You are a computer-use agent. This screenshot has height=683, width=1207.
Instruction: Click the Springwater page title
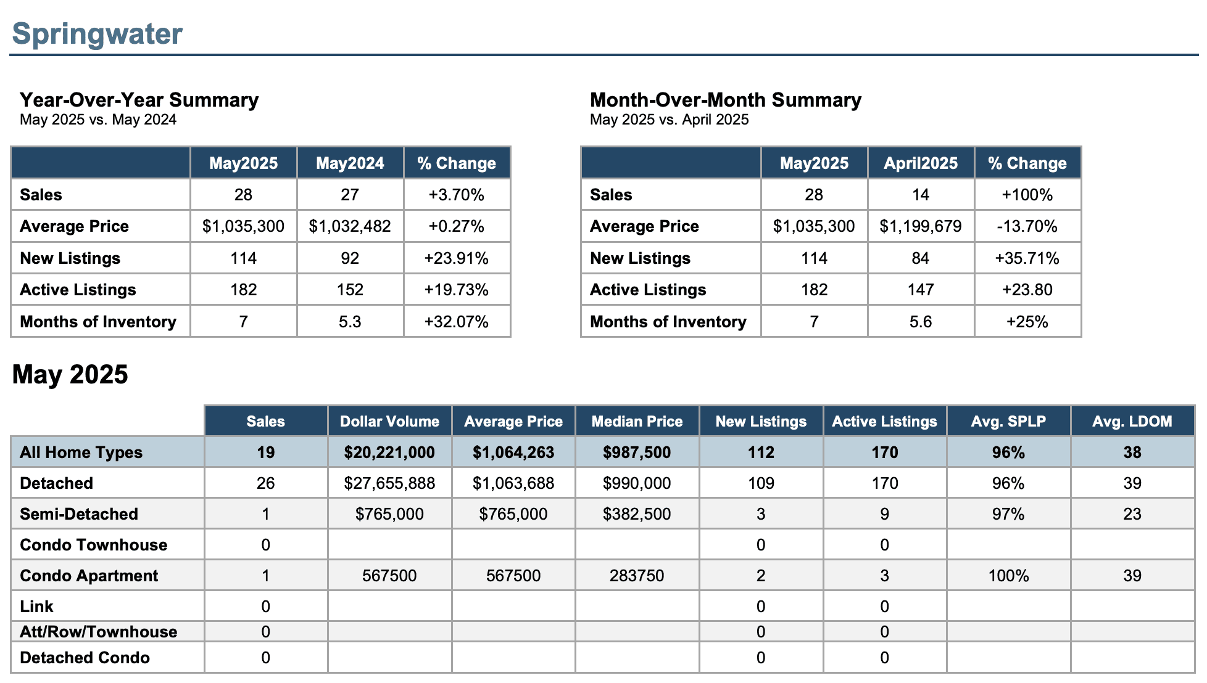(97, 34)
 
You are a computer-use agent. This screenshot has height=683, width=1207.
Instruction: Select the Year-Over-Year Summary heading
(139, 100)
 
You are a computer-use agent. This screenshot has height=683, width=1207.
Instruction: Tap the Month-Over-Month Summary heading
(726, 100)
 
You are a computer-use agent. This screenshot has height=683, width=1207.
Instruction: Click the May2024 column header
(350, 163)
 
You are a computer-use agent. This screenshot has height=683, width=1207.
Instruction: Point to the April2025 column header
(921, 163)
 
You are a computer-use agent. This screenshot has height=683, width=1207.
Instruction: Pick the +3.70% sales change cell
(457, 195)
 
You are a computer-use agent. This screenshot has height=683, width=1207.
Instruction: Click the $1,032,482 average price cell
(350, 226)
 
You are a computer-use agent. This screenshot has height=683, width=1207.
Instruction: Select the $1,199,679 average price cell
(921, 226)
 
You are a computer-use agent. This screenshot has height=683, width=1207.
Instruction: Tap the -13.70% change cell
(1027, 226)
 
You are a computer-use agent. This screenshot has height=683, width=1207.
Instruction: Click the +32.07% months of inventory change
(457, 322)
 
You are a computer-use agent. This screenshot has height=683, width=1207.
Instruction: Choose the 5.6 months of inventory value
(921, 322)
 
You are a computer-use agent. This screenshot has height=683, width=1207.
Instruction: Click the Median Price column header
(637, 422)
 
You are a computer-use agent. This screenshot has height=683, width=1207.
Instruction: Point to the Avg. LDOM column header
(1132, 422)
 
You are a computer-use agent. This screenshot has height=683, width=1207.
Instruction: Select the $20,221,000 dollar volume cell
(389, 452)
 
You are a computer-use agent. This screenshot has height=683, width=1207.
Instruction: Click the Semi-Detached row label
(79, 514)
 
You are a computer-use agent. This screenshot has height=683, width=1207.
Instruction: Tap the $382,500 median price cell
(637, 514)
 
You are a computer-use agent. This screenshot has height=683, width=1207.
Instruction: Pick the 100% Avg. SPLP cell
(1009, 576)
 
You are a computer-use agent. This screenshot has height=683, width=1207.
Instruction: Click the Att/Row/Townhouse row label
(99, 632)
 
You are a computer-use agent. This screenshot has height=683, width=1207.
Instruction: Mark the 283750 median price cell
(637, 576)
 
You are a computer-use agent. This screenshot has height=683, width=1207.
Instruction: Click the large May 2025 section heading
(70, 374)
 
